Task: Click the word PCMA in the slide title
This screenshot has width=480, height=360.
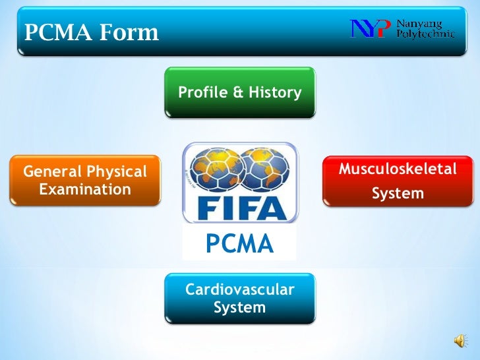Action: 56,32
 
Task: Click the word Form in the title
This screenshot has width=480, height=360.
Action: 129,32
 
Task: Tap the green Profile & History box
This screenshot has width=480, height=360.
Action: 240,92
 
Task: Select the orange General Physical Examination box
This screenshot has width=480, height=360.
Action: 85,181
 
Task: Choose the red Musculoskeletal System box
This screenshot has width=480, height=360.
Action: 398,181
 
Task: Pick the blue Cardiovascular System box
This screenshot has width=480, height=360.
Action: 240,299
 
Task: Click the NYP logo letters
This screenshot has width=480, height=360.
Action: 371,29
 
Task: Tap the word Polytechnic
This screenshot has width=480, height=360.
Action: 425,34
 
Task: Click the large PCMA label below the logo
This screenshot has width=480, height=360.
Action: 239,244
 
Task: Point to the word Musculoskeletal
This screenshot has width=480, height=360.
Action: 398,169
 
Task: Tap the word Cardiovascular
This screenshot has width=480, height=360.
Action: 240,289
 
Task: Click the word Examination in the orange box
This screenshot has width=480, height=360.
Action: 85,190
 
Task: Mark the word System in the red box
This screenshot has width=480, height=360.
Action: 398,194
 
